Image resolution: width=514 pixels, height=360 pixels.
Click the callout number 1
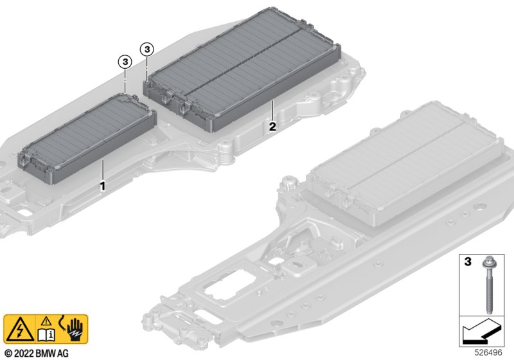[x=101, y=185]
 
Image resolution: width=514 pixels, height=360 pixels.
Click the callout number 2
[x=272, y=127]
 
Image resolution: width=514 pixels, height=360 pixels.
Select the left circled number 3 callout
[x=124, y=61]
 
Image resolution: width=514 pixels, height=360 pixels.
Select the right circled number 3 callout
[x=147, y=49]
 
